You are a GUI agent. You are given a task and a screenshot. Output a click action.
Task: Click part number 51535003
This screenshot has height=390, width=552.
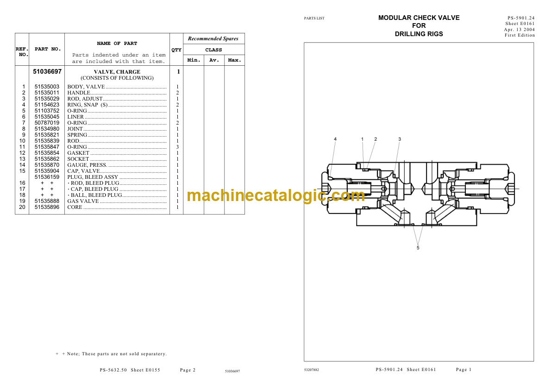click(x=47, y=87)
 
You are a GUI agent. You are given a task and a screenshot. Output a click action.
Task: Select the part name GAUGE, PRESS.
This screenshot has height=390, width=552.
click(x=88, y=165)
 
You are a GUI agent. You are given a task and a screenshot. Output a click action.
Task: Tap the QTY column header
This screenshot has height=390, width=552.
click(x=176, y=50)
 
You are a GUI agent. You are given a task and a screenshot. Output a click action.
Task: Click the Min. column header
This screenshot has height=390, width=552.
click(x=194, y=60)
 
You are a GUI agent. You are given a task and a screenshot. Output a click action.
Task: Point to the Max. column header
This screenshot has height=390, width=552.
click(x=234, y=60)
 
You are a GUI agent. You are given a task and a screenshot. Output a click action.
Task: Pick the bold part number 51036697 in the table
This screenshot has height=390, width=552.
click(x=47, y=71)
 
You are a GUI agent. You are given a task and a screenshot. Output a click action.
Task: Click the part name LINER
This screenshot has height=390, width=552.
click(x=75, y=117)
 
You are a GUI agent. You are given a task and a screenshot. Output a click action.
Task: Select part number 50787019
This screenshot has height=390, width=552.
click(x=47, y=123)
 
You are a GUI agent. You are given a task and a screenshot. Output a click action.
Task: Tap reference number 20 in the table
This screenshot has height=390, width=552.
click(x=22, y=208)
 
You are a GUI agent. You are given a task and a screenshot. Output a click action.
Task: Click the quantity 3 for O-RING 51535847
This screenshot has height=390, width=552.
click(x=177, y=147)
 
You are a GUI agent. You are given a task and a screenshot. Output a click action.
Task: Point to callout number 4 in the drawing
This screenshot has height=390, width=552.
click(x=335, y=139)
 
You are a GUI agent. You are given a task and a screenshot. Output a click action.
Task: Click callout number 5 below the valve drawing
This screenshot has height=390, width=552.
click(x=418, y=248)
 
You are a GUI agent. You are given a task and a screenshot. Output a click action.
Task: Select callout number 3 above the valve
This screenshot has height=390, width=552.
click(x=400, y=139)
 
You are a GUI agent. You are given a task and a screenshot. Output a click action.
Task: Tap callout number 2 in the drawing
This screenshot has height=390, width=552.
click(x=376, y=139)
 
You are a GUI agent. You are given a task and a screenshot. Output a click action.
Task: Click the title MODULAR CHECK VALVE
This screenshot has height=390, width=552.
click(x=419, y=18)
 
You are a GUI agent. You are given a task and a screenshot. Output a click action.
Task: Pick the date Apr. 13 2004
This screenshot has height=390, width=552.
click(x=519, y=30)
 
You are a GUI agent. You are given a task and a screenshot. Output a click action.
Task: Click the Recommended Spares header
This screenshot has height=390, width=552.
click(x=213, y=39)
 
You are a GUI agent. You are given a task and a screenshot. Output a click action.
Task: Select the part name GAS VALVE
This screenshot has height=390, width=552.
click(x=83, y=201)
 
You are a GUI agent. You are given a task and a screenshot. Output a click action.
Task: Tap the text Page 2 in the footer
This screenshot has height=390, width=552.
click(x=188, y=370)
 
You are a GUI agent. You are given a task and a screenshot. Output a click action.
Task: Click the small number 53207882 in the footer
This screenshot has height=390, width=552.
click(x=312, y=370)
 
